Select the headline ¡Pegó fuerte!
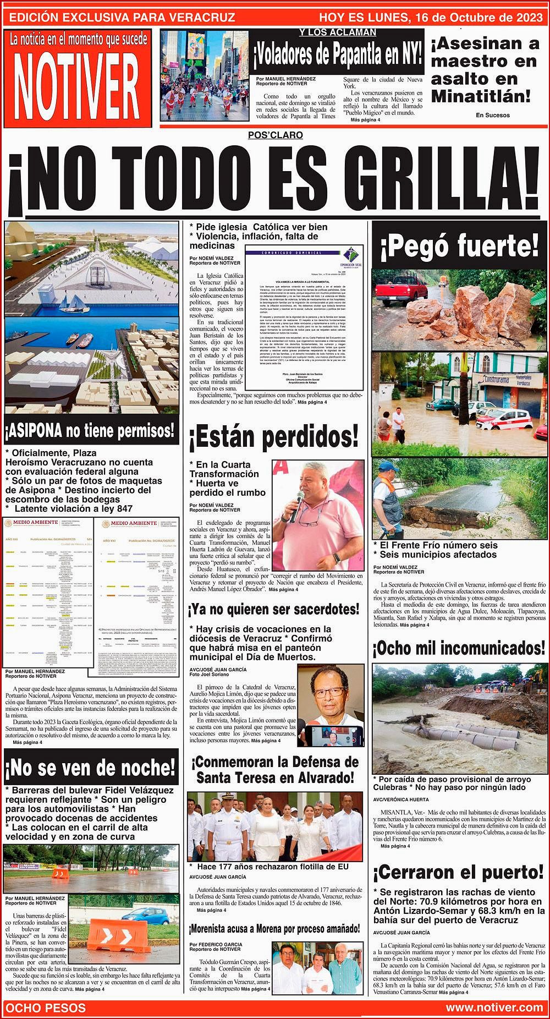tap(460, 246)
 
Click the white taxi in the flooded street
tap(503, 419)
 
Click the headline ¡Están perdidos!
tap(273, 437)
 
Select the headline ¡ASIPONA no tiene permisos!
tap(90, 431)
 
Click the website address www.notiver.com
tap(494, 1007)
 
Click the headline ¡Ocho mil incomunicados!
tap(460, 649)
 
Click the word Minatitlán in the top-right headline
tap(481, 96)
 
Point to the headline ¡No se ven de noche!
tap(90, 767)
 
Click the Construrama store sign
tap(503, 380)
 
